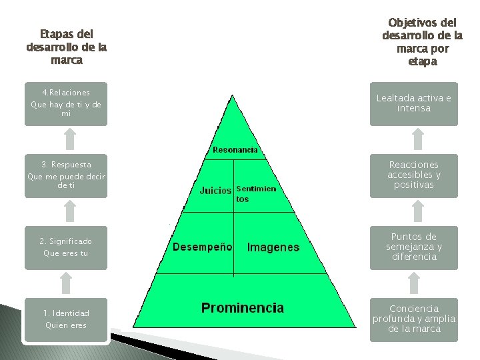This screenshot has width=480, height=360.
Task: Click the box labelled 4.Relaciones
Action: (65, 103)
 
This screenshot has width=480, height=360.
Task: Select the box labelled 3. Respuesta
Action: (65, 175)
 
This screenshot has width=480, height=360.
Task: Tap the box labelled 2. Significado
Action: (65, 247)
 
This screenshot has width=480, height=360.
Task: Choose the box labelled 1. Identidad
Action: (65, 319)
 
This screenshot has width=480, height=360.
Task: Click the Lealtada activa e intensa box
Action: (414, 103)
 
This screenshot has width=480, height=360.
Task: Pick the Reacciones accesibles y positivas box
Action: (414, 175)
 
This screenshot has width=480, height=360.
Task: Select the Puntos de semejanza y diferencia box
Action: (414, 247)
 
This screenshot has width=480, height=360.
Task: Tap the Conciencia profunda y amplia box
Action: (414, 319)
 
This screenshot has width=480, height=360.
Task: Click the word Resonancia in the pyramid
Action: (235, 150)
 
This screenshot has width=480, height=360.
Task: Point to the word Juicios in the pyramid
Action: (216, 190)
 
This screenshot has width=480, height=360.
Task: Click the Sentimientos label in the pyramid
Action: (256, 194)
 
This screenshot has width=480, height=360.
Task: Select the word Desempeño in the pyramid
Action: (203, 247)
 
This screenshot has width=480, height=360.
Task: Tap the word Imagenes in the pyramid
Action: (273, 247)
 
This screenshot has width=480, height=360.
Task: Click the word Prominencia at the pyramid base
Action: (243, 308)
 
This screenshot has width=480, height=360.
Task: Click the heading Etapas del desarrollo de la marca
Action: (66, 47)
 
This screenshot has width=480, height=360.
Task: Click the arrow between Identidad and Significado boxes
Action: (65, 283)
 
